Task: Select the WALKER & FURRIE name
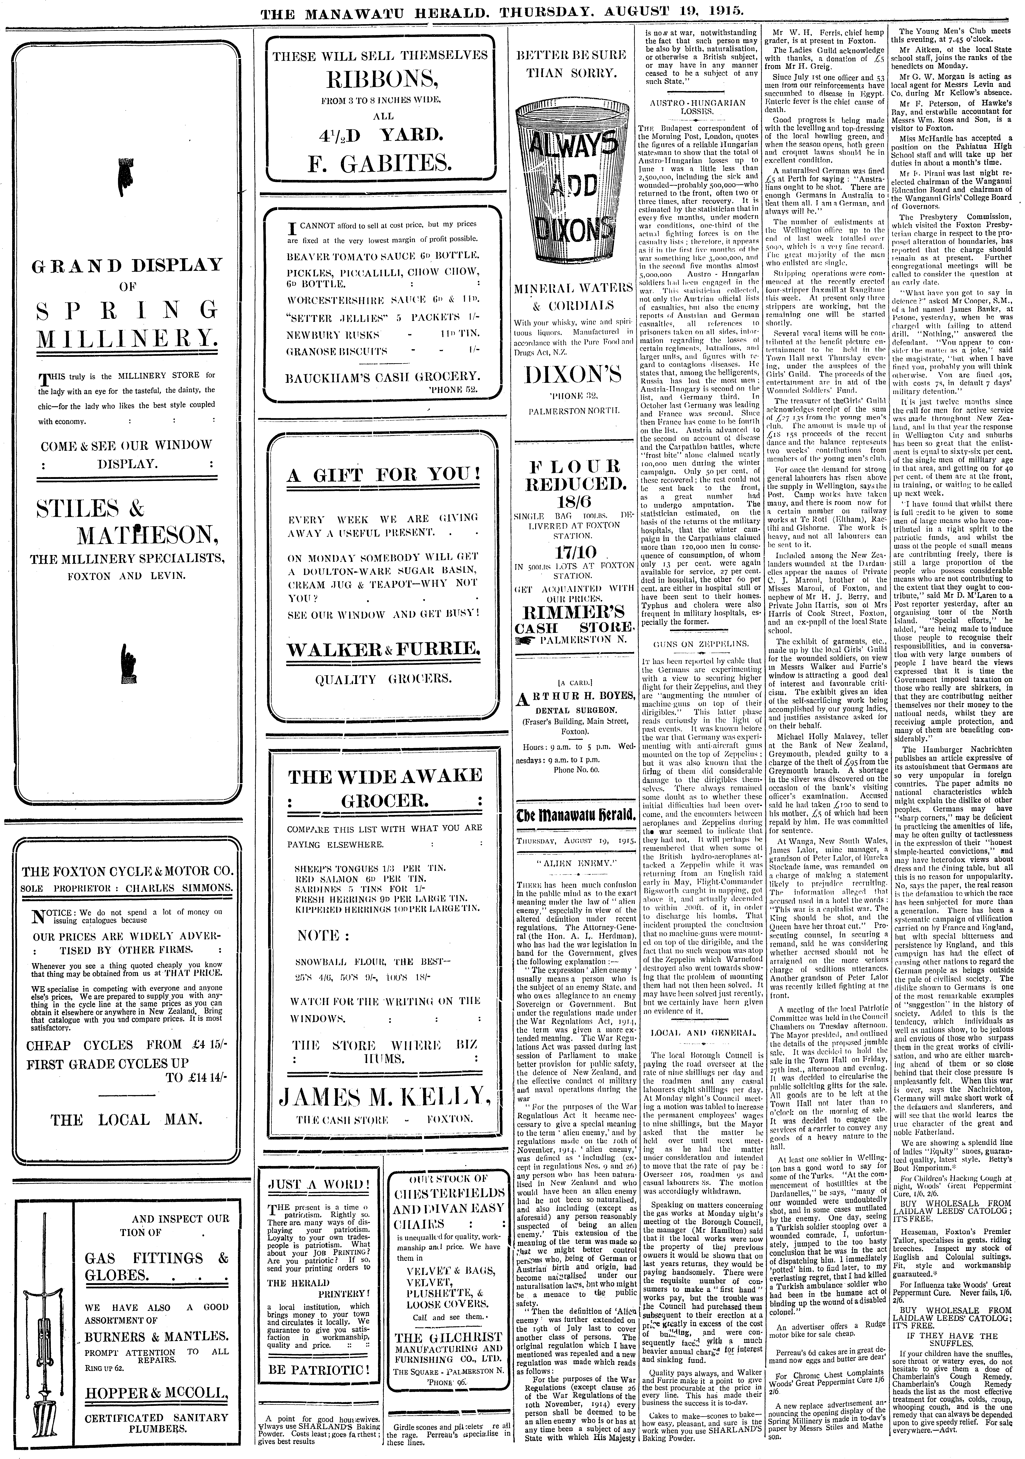(384, 649)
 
